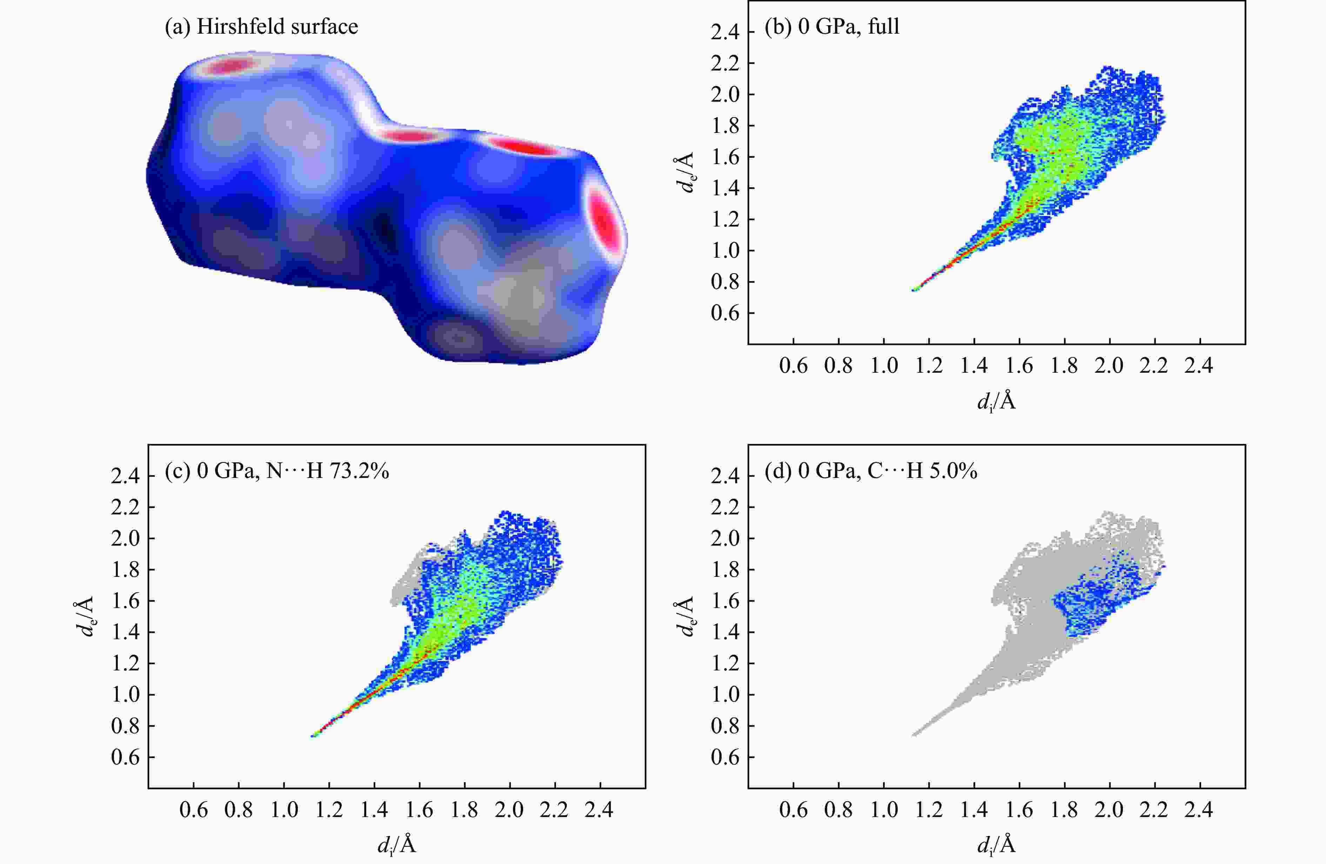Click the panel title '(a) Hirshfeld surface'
(261, 27)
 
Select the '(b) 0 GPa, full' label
(832, 27)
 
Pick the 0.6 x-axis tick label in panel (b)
(793, 366)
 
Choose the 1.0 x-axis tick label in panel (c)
(284, 810)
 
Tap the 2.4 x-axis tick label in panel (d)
(1199, 810)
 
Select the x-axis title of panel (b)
(996, 401)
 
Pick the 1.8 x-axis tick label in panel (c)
(464, 810)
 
